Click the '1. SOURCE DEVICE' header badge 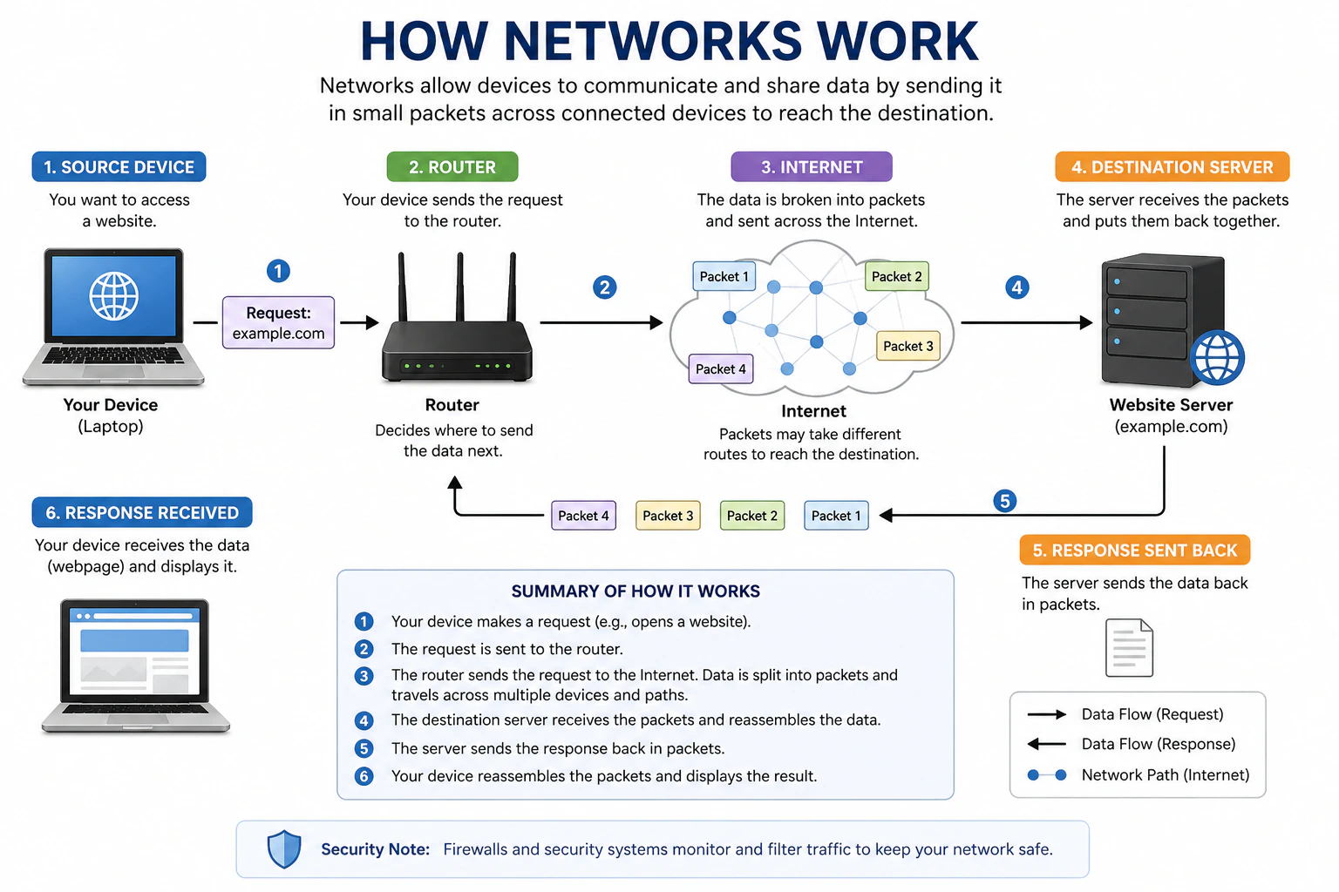[119, 166]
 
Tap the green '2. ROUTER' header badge [452, 166]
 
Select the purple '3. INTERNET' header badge [811, 166]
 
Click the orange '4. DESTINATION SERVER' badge [1172, 166]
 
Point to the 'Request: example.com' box [278, 322]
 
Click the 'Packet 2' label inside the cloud [896, 276]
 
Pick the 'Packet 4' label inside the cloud [720, 368]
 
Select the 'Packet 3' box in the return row [668, 516]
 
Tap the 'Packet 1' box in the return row [835, 516]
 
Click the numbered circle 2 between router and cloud [604, 287]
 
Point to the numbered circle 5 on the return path [1004, 501]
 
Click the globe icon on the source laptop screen [114, 296]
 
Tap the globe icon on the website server [1217, 357]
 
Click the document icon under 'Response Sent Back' [1129, 648]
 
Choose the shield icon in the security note [284, 848]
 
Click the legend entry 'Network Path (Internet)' [1165, 774]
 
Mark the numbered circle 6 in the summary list [364, 776]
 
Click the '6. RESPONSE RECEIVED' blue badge [142, 512]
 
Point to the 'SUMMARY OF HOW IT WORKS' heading [636, 591]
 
